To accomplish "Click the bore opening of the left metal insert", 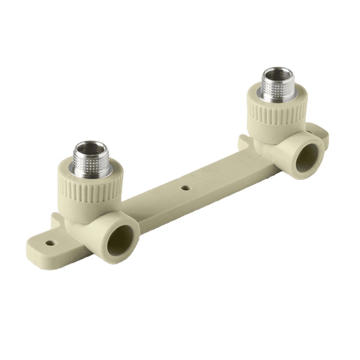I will point(90,148).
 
